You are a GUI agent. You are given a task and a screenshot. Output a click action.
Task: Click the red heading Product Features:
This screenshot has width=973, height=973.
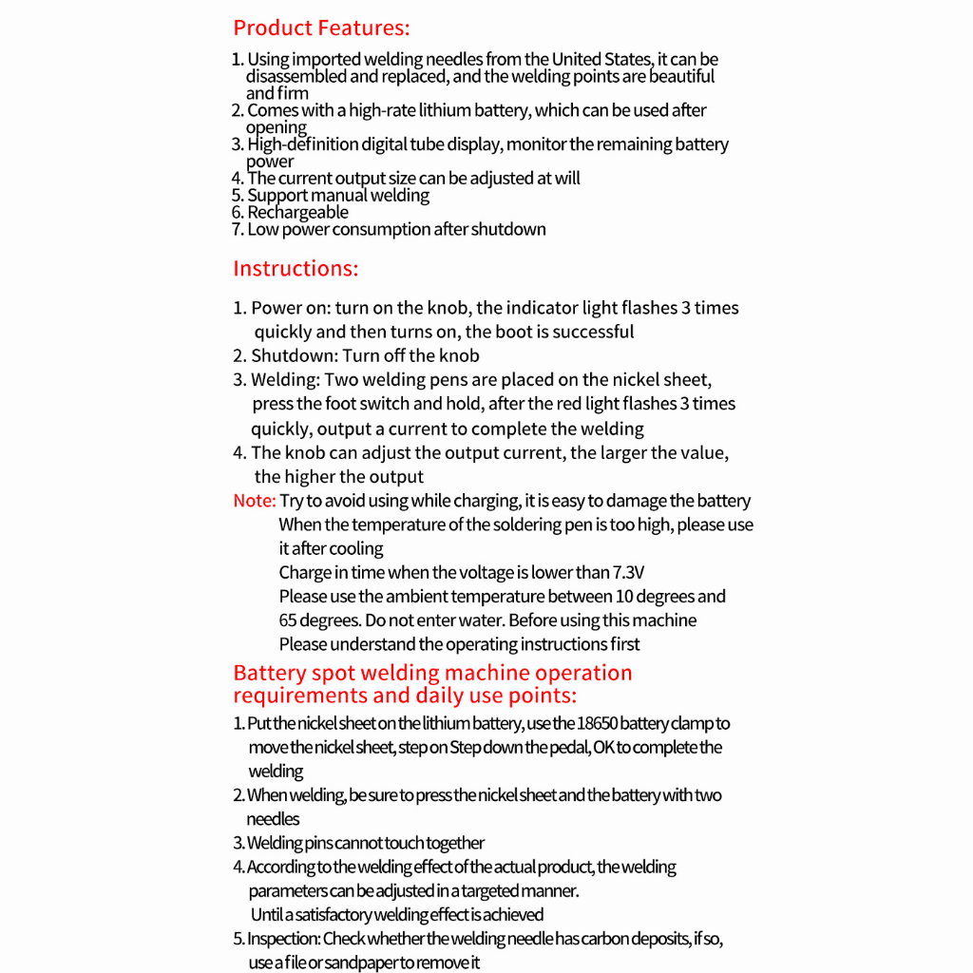[x=321, y=28]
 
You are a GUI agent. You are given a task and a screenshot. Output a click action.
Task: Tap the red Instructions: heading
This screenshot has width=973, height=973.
[x=296, y=268]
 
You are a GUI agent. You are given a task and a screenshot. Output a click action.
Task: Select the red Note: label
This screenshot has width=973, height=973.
[x=255, y=501]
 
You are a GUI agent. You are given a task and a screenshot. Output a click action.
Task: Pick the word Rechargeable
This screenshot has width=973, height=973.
[x=297, y=212]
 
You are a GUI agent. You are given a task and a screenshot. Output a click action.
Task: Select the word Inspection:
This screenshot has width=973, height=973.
[x=283, y=939]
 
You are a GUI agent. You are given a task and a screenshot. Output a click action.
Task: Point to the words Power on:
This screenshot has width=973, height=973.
[x=290, y=308]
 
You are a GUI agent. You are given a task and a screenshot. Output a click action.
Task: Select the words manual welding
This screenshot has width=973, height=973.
[x=371, y=195]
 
